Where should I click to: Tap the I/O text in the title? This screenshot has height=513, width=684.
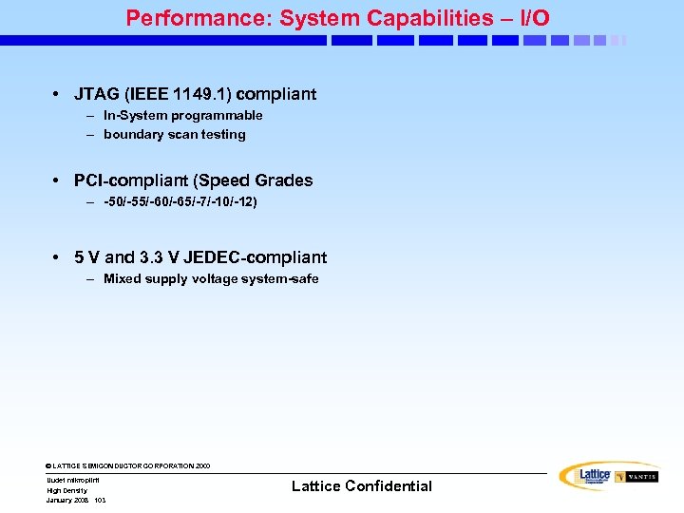(533, 18)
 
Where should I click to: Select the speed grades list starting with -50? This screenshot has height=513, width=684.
(180, 201)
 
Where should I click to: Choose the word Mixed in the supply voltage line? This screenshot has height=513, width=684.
(122, 278)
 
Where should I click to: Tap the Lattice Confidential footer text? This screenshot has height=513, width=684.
(362, 486)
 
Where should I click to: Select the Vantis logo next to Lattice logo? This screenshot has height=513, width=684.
(636, 477)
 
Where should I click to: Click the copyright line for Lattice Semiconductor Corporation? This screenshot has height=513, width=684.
(128, 466)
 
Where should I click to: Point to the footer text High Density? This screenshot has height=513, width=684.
(66, 490)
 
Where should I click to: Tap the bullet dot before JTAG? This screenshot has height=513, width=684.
(58, 95)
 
